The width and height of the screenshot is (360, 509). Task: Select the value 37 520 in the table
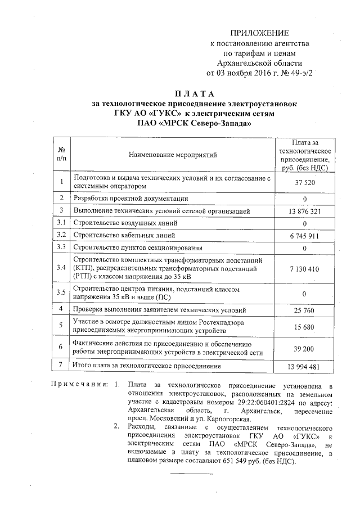point(304,183)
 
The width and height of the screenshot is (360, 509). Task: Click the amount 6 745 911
point(304,236)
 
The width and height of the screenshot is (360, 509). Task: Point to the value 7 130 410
point(304,269)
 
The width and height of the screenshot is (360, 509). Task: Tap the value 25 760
point(304,310)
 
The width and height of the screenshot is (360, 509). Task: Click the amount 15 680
point(304,327)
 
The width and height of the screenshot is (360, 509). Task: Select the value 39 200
point(304,349)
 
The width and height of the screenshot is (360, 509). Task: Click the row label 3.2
point(61,235)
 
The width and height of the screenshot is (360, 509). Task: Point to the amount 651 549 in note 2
point(224,461)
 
